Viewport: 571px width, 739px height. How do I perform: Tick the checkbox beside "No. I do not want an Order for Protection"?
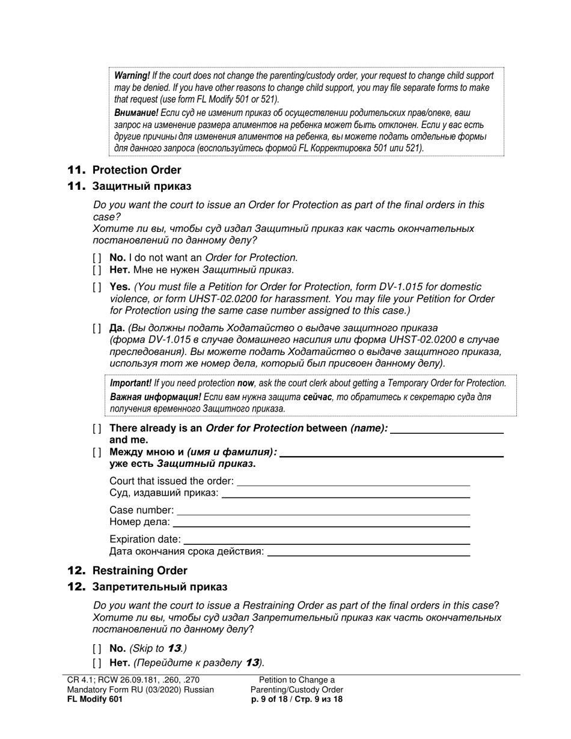pyautogui.click(x=97, y=258)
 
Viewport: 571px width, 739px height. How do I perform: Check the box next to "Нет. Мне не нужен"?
pyautogui.click(x=97, y=270)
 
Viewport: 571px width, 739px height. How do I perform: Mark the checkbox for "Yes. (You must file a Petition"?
pyautogui.click(x=97, y=287)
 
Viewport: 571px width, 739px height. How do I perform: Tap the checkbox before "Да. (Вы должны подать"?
pyautogui.click(x=97, y=328)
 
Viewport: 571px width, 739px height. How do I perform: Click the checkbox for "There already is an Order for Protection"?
pyautogui.click(x=97, y=428)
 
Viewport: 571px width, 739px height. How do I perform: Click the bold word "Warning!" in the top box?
pyautogui.click(x=132, y=76)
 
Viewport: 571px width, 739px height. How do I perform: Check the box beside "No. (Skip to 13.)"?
pyautogui.click(x=97, y=648)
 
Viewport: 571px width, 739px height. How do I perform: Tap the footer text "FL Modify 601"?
pyautogui.click(x=95, y=699)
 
